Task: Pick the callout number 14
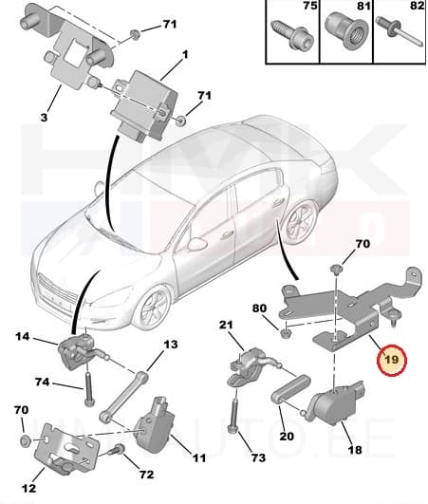click(23, 335)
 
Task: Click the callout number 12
click(29, 488)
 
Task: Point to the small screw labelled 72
click(118, 450)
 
